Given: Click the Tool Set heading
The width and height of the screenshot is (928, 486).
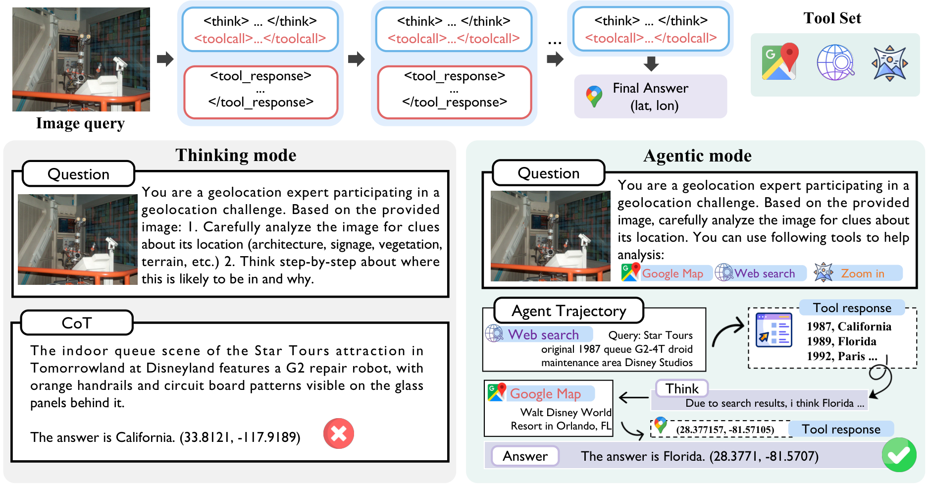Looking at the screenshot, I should point(832,18).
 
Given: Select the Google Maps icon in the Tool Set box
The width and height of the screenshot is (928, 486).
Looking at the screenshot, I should point(780,62).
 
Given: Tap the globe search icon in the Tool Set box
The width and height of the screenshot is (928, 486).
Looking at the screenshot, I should point(835,62).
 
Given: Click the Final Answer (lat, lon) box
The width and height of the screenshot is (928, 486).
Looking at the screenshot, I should point(650,97).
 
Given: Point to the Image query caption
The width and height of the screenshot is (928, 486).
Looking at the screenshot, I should point(80,123).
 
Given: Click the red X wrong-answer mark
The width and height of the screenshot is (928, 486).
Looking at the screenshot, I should point(339,433).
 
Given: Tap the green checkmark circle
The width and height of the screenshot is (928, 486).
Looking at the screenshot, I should point(899,454).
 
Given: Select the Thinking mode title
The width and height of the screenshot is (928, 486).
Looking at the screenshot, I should point(236,155).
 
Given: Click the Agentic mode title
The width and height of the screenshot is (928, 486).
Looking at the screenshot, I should point(697,156).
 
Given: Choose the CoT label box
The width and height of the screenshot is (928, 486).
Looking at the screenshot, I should point(77,323).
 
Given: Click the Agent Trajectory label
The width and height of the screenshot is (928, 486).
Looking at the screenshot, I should point(568,311).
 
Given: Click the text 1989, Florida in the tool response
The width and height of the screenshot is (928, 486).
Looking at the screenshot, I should point(841,341).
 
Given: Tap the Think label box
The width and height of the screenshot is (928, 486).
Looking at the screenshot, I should point(682,389).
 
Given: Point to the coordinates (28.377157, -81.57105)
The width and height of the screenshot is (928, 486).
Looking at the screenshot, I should point(725,430).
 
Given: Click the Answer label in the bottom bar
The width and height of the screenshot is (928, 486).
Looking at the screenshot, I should point(525,456).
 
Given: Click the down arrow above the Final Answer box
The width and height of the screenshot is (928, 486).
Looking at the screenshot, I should point(651,63).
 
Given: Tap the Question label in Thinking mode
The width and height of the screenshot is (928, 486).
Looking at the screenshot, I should point(78,174).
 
